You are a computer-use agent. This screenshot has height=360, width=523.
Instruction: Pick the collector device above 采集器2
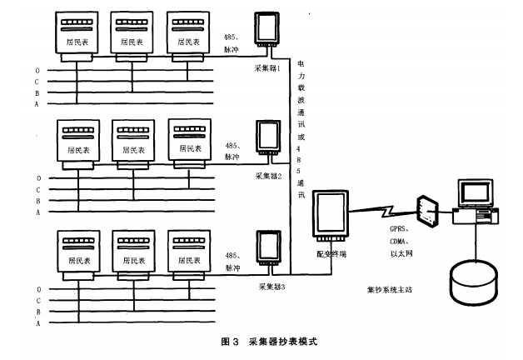(x=268, y=140)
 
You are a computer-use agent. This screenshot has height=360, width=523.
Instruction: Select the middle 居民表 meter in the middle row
(x=132, y=144)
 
